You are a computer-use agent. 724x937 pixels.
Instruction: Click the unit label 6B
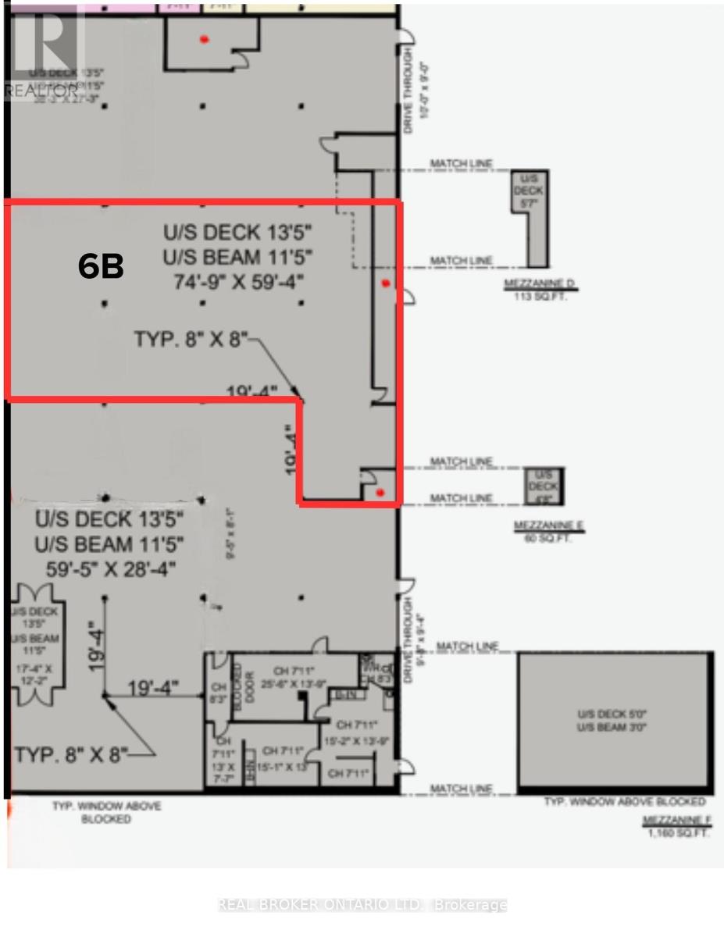coord(101,267)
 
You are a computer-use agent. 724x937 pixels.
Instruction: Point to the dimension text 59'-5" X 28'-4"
coord(105,565)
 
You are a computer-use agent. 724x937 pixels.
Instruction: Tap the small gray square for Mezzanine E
coord(546,486)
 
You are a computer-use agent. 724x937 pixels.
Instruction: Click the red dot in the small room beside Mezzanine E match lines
coord(380,492)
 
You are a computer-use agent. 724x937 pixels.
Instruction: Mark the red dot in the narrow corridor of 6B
coord(383,284)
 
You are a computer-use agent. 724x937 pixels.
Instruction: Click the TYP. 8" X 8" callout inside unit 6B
coord(191,340)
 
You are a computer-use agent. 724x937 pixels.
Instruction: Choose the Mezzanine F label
coord(674,821)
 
